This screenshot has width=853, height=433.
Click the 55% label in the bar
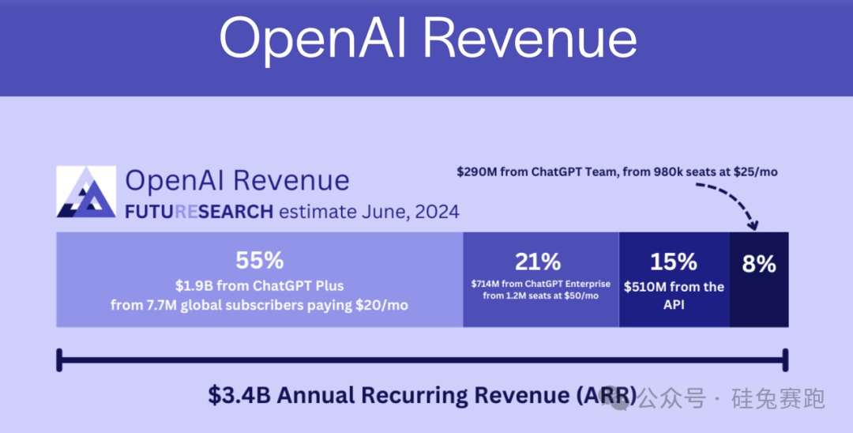point(259,261)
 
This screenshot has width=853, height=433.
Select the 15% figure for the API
point(673,262)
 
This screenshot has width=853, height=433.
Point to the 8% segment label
point(759,264)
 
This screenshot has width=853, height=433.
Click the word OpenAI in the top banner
point(307,38)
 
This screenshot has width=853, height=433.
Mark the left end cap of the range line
point(58,360)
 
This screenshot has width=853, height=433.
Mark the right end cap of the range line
point(785,360)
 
